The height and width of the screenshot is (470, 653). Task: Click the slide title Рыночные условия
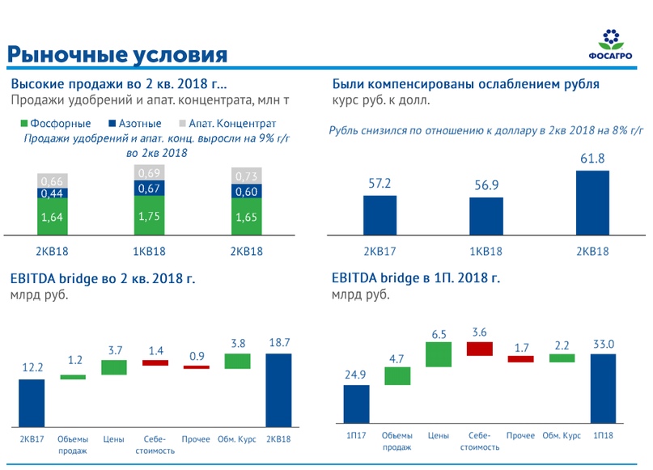117,54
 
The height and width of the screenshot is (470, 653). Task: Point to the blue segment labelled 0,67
149,188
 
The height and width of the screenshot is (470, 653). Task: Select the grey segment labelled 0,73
247,176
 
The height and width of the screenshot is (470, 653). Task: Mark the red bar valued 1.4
155,362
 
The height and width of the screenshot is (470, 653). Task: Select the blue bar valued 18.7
278,390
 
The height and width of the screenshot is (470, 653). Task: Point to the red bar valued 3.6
479,349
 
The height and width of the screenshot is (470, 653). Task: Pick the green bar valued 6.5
438,354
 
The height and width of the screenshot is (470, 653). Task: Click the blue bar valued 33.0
603,388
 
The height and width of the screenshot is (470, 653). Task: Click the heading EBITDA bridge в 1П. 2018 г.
416,278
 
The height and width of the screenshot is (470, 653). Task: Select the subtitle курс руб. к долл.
380,100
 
